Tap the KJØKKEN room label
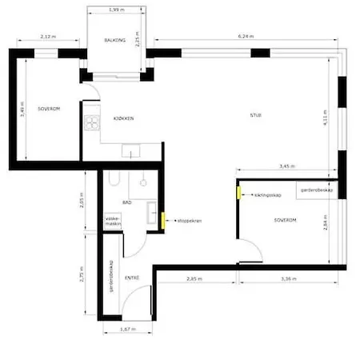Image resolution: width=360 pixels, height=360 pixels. (x=123, y=118)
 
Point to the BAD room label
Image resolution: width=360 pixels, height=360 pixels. (x=127, y=204)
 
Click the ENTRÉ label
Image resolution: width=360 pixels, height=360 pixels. (x=133, y=278)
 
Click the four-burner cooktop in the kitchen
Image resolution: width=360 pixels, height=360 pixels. (x=93, y=123)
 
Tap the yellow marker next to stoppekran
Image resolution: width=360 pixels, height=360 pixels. (x=163, y=220)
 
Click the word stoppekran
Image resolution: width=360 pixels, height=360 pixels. (x=184, y=220)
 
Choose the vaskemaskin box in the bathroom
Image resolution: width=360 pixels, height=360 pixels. (x=113, y=222)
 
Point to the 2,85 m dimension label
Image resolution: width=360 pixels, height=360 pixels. (x=194, y=278)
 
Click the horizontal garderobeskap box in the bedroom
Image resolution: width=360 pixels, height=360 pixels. (x=318, y=190)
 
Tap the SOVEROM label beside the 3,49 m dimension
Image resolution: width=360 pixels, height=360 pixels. (x=50, y=107)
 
